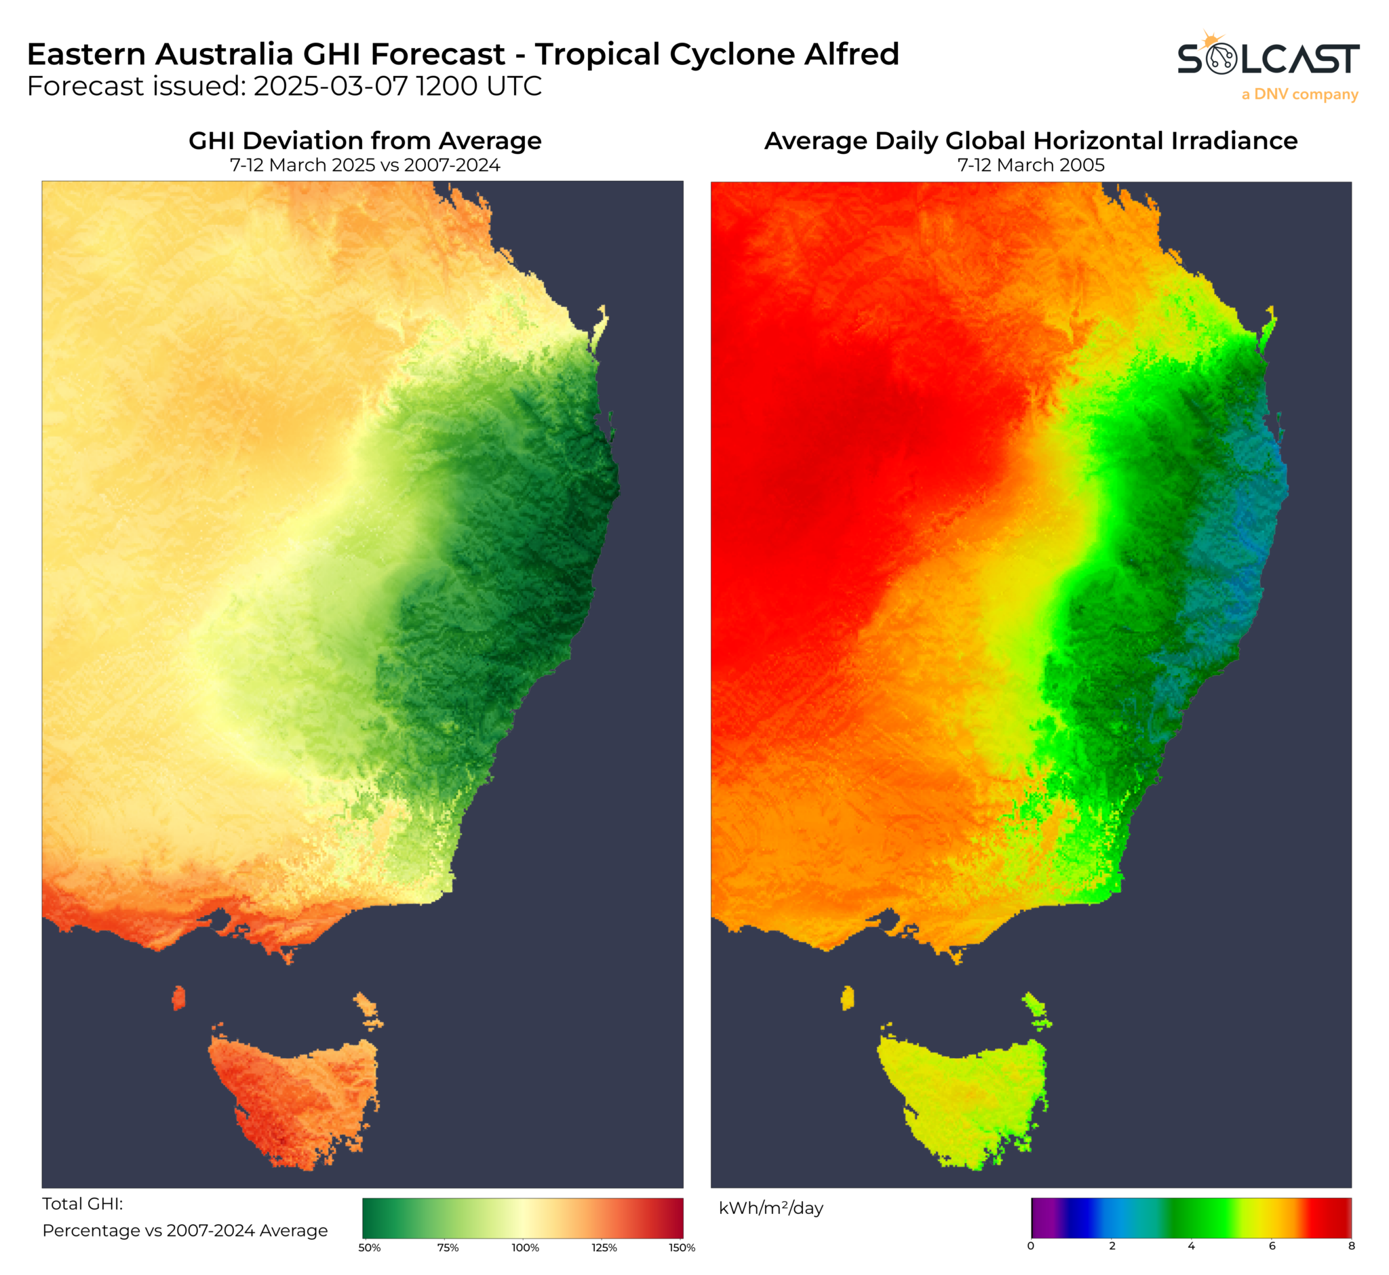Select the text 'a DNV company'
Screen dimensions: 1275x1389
click(1299, 94)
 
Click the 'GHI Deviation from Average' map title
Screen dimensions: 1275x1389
click(364, 141)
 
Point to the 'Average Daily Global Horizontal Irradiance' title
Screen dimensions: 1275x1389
click(1030, 141)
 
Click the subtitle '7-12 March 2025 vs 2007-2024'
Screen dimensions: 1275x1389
click(364, 165)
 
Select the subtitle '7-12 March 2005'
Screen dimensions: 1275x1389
click(1030, 165)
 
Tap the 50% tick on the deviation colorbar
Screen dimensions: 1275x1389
click(370, 1247)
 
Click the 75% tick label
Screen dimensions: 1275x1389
click(448, 1247)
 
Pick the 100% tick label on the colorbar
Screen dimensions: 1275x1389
click(525, 1247)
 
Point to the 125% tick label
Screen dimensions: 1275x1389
click(604, 1247)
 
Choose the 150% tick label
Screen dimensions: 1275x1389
click(682, 1247)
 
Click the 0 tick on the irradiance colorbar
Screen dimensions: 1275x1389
click(1031, 1246)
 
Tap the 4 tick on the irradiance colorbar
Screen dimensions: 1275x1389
click(1191, 1246)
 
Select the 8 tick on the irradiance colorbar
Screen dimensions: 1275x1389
click(1351, 1246)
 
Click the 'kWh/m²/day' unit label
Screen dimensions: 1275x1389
click(770, 1208)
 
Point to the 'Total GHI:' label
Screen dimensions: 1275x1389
click(83, 1204)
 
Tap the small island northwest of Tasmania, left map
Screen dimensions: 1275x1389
click(179, 998)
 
